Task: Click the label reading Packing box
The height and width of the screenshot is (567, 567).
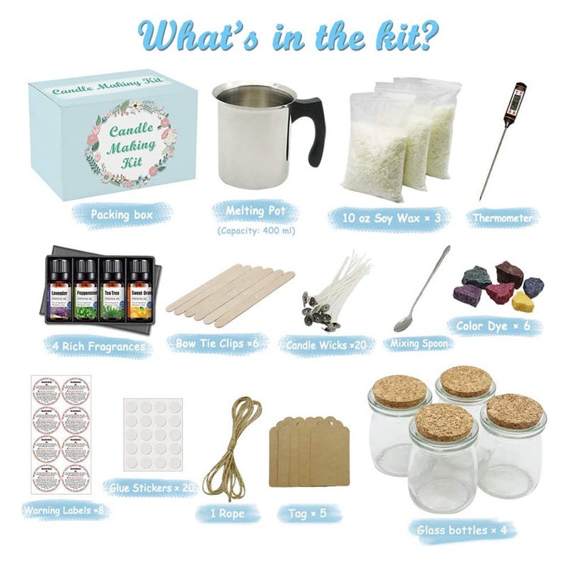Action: (x=121, y=214)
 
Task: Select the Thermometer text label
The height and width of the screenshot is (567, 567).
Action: (x=503, y=218)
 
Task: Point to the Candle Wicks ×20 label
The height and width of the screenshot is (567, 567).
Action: (x=326, y=346)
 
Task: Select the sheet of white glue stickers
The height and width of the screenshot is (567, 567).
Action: (x=153, y=434)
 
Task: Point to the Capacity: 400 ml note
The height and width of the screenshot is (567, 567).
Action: (x=254, y=230)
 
